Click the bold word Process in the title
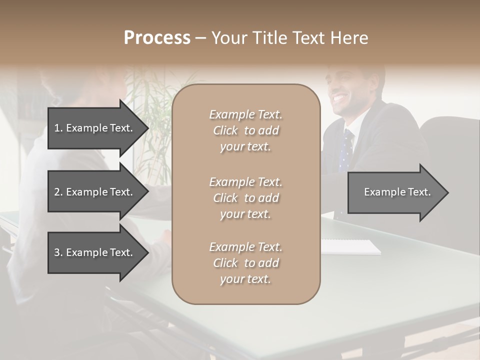[x=157, y=38]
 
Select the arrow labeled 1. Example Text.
[x=95, y=128]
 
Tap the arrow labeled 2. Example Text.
[x=95, y=192]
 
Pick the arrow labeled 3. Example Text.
[x=95, y=252]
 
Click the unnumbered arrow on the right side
[x=395, y=192]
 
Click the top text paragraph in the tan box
[x=245, y=130]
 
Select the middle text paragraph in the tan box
[x=245, y=198]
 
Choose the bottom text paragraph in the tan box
[x=245, y=263]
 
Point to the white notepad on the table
[x=350, y=246]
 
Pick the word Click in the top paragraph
[x=225, y=130]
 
